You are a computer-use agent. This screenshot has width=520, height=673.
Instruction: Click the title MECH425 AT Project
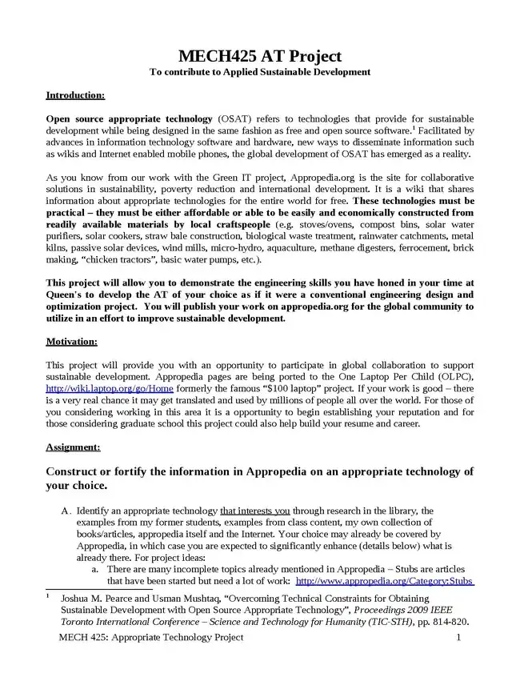(260, 56)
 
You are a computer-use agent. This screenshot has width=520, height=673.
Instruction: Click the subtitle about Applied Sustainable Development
(260, 72)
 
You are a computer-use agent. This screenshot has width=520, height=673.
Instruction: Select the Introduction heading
(75, 95)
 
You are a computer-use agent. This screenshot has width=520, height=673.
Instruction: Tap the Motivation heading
(72, 342)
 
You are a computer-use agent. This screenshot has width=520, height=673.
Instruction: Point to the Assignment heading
(73, 447)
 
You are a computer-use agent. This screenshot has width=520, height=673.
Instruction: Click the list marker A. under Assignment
(66, 511)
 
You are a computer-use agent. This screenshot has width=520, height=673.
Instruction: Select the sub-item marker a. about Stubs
(94, 569)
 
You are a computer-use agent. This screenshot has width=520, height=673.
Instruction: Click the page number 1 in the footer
(458, 637)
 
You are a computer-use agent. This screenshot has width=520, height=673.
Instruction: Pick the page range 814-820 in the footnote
(448, 621)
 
